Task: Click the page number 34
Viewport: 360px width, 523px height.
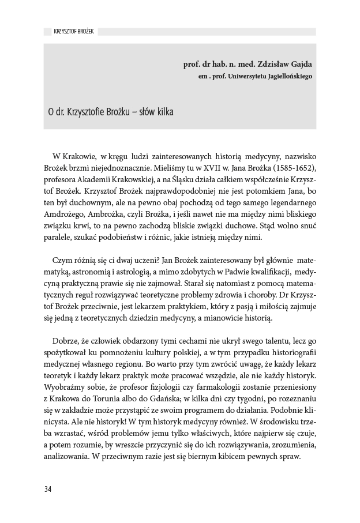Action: tap(48, 490)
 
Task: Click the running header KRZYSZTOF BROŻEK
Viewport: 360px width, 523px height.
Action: tap(70, 32)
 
